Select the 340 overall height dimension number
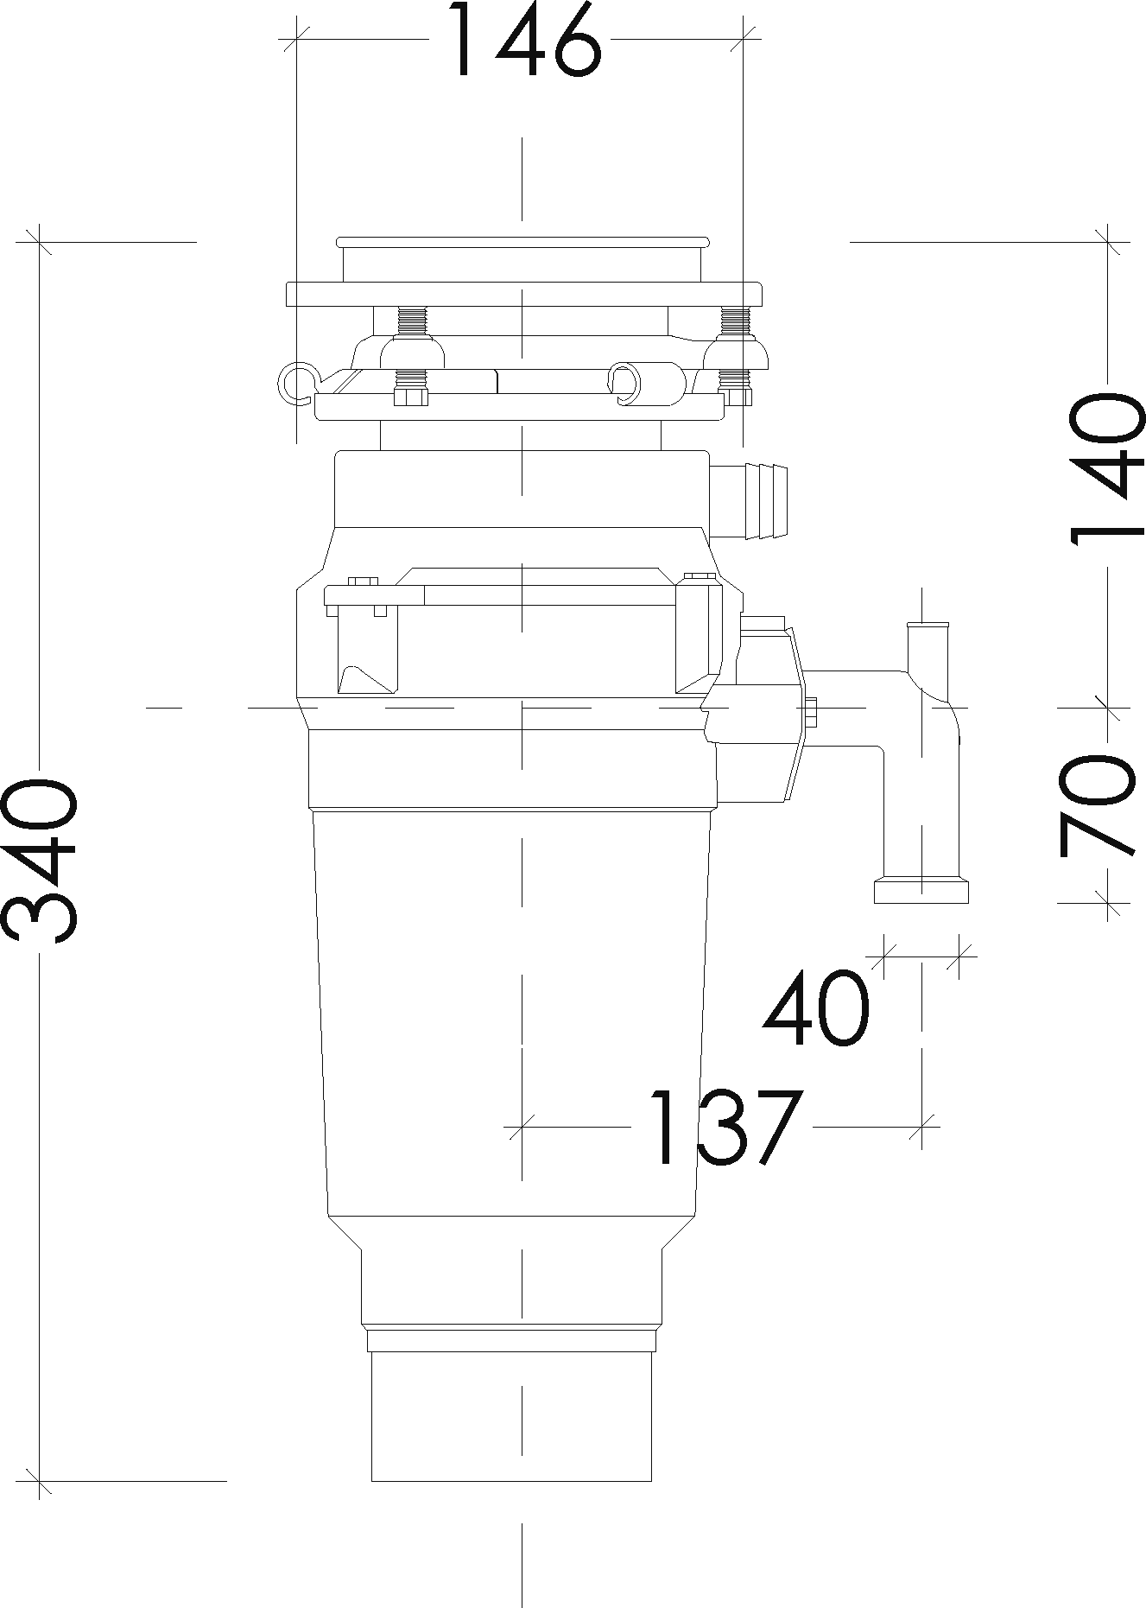click(x=40, y=861)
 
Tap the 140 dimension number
click(x=1107, y=469)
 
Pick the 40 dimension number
click(x=815, y=1008)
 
